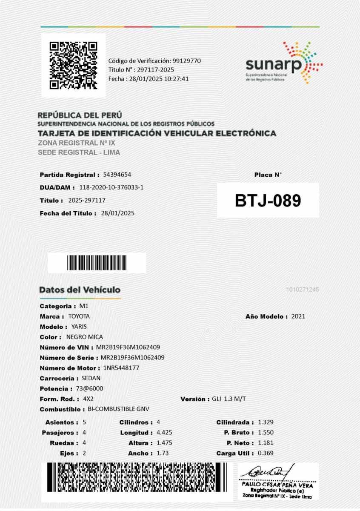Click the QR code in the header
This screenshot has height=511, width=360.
73,65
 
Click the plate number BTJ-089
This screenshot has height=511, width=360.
268,201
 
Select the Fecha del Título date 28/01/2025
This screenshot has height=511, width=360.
118,213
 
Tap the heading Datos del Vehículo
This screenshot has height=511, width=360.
80,290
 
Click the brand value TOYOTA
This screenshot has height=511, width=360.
79,316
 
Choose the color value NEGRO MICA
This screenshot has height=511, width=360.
85,337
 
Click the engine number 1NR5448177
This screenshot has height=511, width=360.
121,368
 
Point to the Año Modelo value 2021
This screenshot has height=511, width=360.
298,316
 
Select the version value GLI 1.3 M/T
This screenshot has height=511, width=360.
229,399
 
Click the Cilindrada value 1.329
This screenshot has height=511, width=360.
266,422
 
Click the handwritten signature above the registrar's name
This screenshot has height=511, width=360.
272,472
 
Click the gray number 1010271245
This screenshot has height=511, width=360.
303,290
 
